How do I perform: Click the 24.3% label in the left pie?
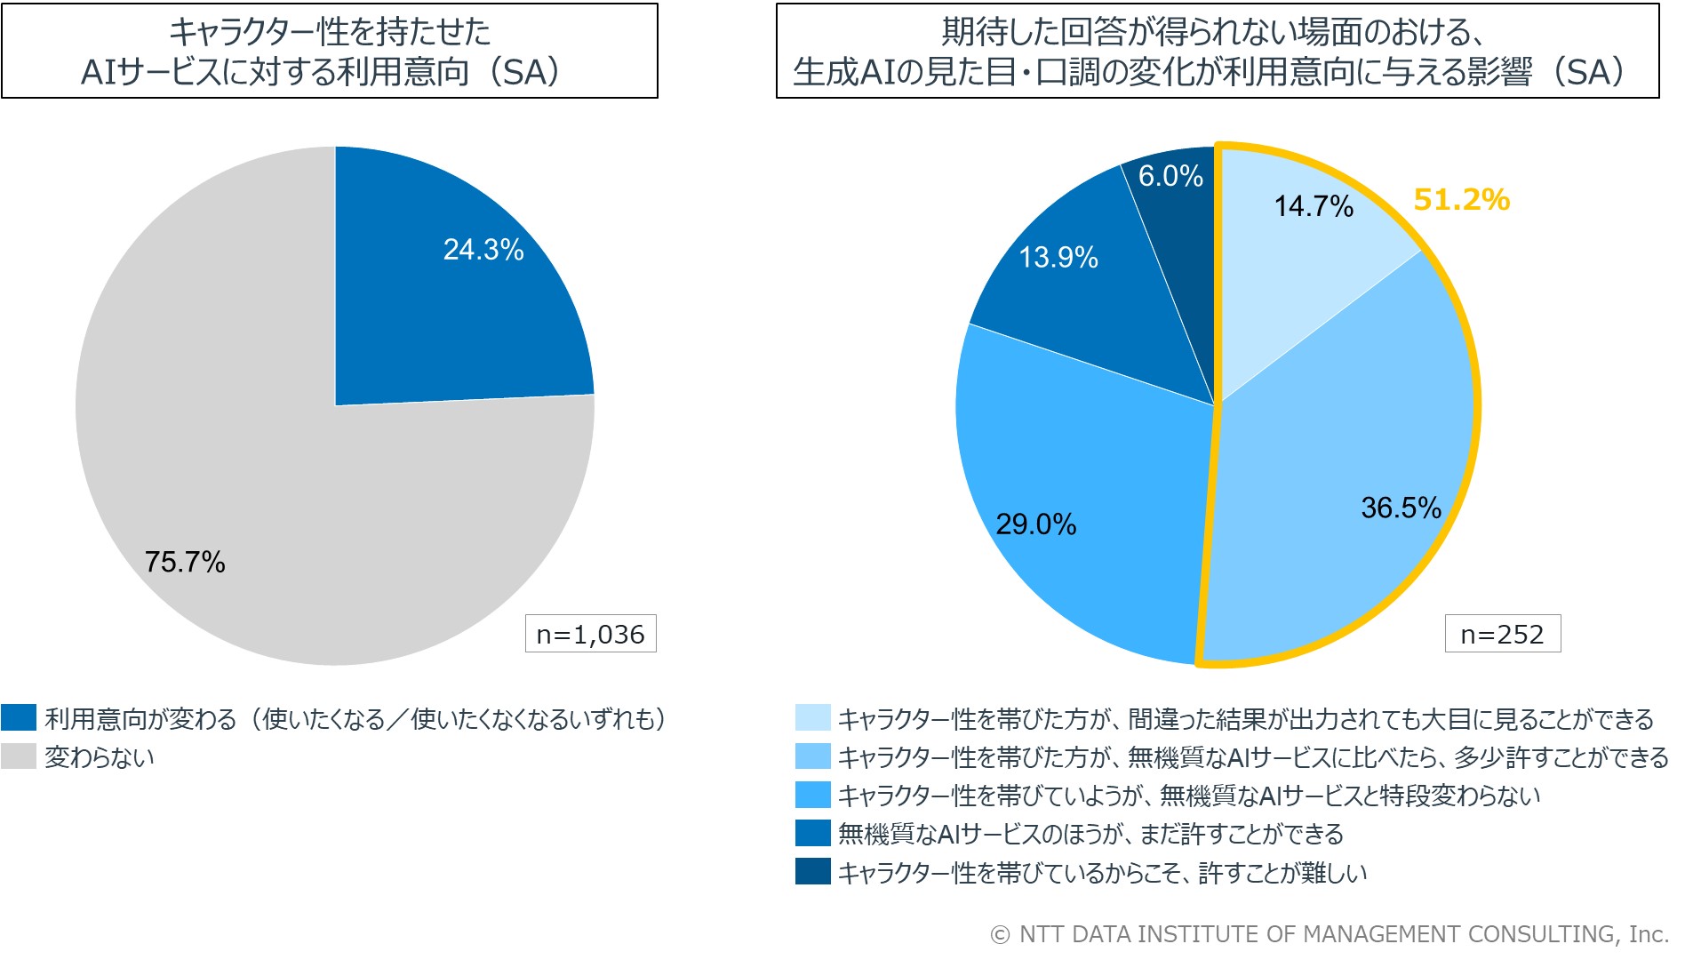tap(483, 250)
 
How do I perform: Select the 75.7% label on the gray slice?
tap(185, 562)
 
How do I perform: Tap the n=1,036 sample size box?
tap(590, 634)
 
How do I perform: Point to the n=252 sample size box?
tap(1502, 634)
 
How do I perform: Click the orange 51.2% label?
tap(1461, 200)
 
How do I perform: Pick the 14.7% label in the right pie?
tap(1314, 206)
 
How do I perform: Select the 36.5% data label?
tap(1401, 508)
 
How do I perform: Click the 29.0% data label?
tap(1035, 524)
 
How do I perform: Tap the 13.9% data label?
tap(1058, 258)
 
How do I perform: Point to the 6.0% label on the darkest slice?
tap(1170, 176)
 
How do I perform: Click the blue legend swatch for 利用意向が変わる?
tap(19, 717)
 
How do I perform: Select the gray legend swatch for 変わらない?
tap(19, 756)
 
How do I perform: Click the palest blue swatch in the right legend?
tap(812, 717)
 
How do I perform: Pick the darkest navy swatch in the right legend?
tap(812, 872)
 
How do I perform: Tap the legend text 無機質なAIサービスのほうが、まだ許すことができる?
tap(1090, 834)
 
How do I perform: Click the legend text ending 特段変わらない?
tap(1189, 796)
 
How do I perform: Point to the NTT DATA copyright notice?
tap(1330, 934)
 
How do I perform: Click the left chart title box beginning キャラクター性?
tap(330, 52)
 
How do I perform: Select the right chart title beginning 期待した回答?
tap(1217, 52)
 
